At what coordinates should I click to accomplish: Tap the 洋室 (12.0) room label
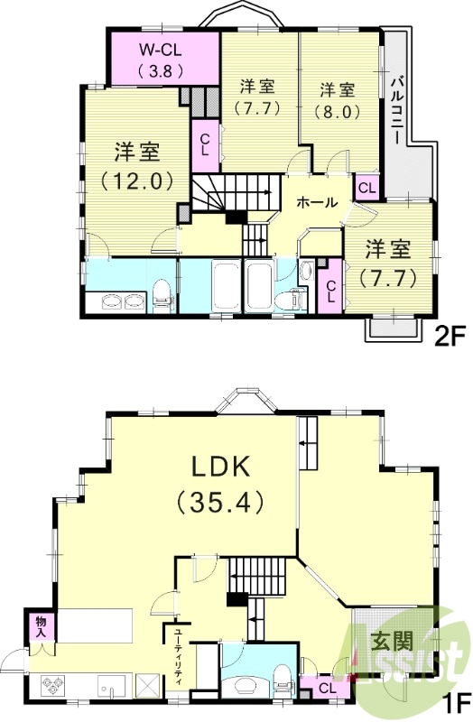click(137, 165)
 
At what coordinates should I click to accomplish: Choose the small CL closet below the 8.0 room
click(367, 187)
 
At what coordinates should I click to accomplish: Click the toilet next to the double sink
click(162, 294)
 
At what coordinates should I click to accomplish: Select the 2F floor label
click(449, 337)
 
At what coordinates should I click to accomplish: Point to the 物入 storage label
click(41, 626)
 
